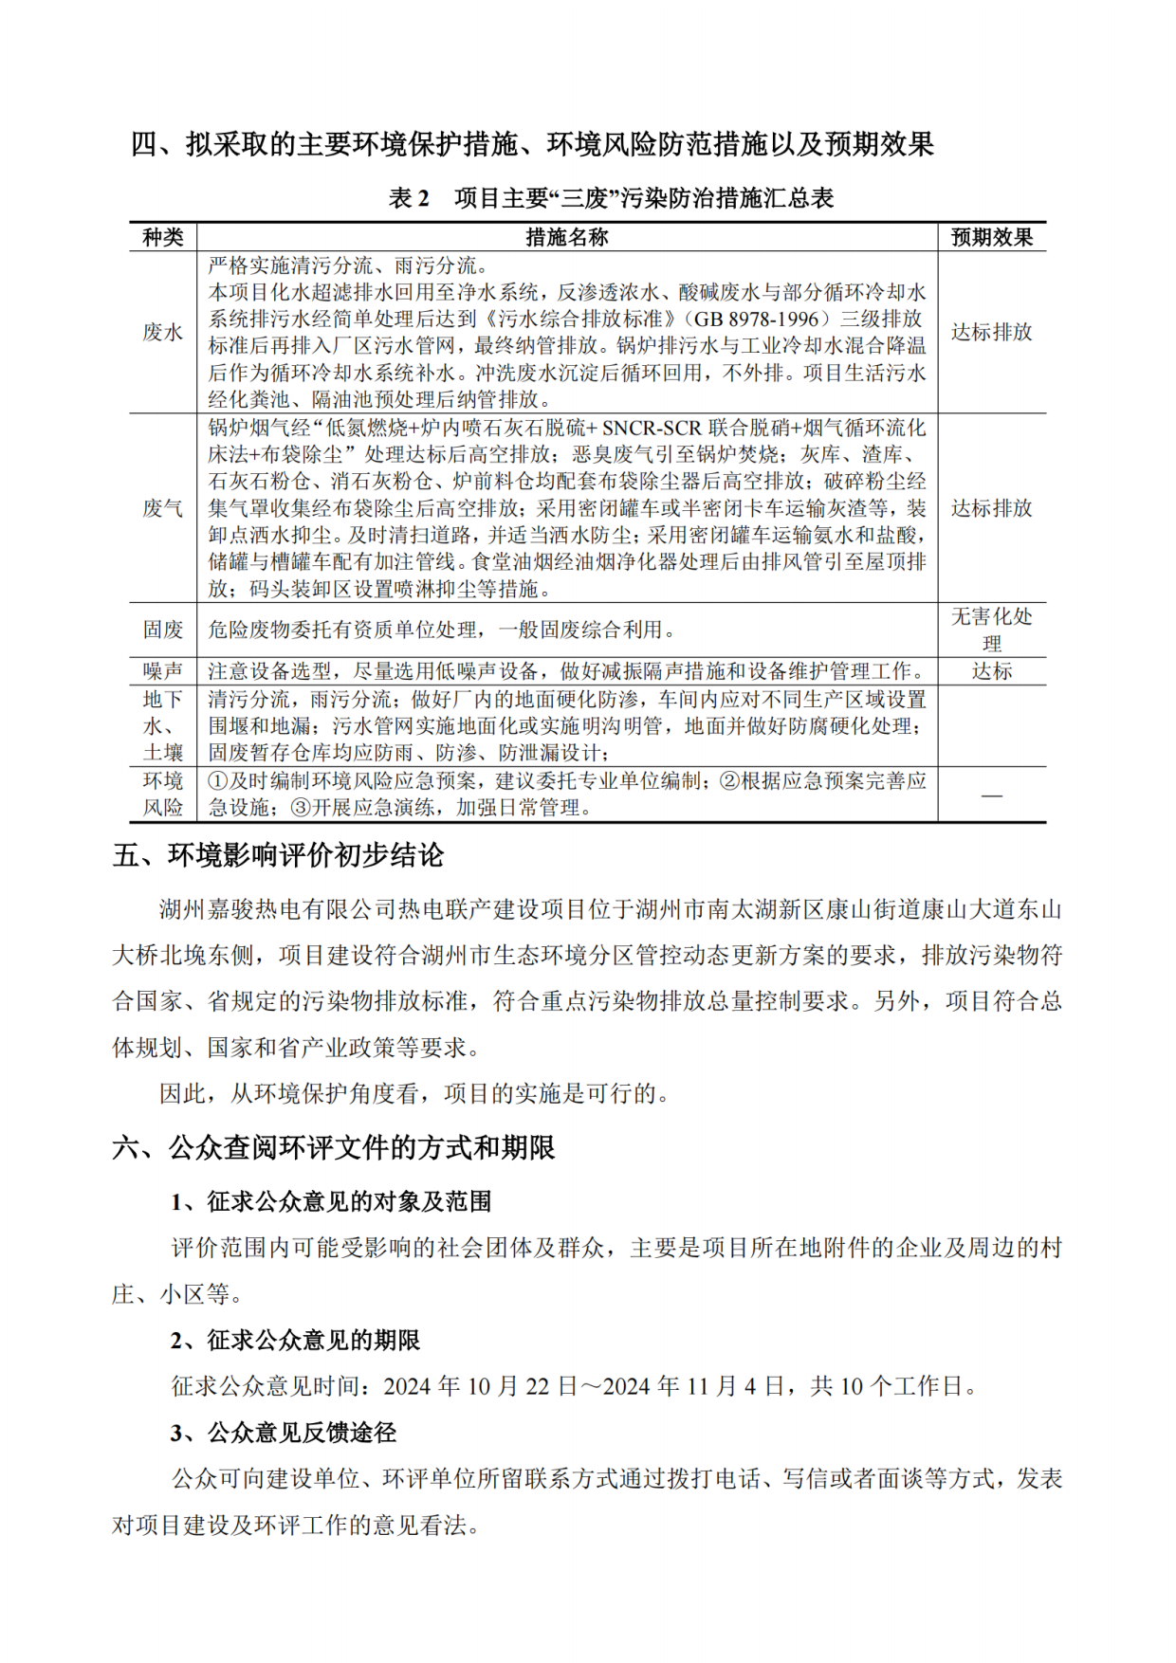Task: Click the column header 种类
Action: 162,237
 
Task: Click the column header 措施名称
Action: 566,237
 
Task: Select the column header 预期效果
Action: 991,237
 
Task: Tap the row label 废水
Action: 162,332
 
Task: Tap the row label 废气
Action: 162,508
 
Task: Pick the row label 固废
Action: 162,630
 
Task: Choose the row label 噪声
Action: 162,671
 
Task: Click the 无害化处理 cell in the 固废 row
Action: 991,630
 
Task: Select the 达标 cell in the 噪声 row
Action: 991,671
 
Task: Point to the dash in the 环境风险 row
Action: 991,795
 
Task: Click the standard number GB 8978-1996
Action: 756,319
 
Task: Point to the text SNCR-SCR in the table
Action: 652,428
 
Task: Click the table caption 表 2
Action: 409,198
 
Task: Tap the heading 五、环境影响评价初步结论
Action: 278,855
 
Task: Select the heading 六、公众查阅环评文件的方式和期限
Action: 333,1148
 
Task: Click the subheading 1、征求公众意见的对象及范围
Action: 331,1202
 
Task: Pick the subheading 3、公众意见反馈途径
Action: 284,1433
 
